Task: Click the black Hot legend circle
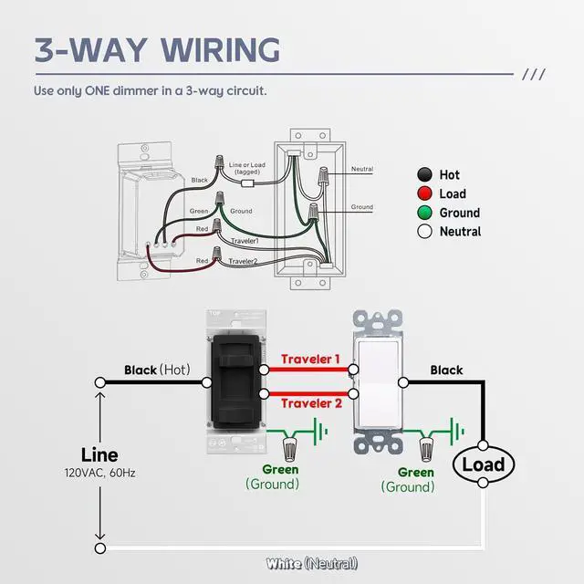(424, 174)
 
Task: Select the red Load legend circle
(424, 193)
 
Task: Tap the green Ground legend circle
(424, 213)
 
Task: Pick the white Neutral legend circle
(424, 231)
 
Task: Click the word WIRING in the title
(221, 50)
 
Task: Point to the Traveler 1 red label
(310, 359)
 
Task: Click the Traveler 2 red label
(311, 403)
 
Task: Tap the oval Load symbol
(484, 464)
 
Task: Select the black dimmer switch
(236, 382)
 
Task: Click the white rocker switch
(378, 382)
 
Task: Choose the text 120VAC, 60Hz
(99, 473)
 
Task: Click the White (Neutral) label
(312, 564)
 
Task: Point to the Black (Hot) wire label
(157, 370)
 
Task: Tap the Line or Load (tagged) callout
(247, 168)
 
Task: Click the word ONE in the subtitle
(98, 90)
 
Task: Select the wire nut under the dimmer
(290, 449)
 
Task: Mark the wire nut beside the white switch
(426, 449)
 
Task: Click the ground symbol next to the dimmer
(320, 432)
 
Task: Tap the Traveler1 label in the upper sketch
(245, 241)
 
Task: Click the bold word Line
(99, 454)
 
